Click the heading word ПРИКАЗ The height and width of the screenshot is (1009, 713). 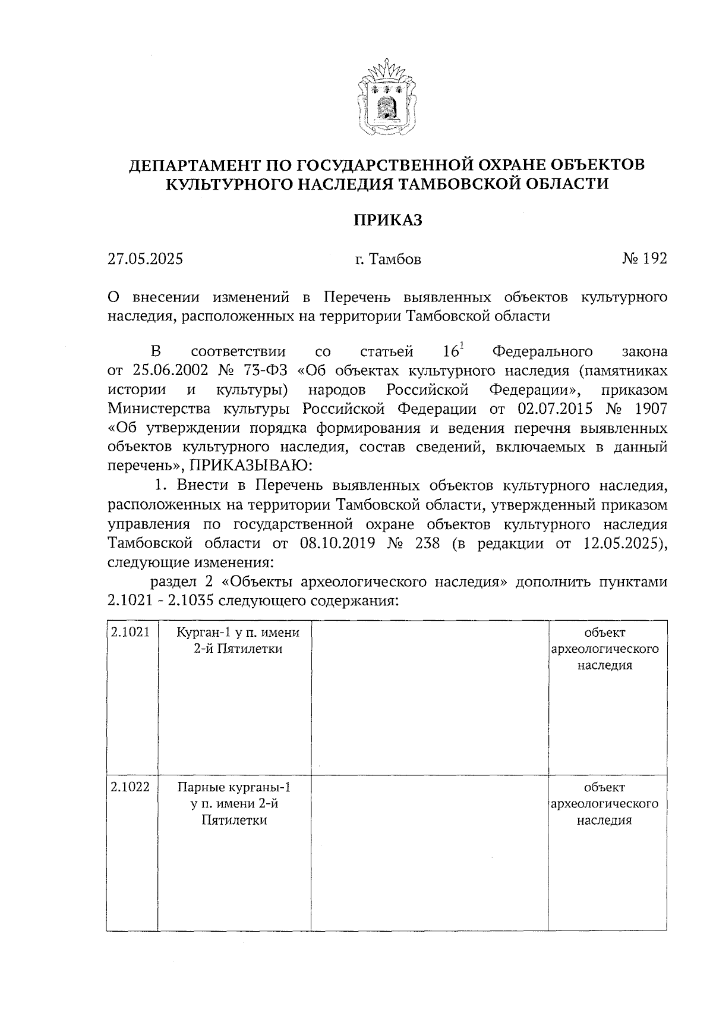388,220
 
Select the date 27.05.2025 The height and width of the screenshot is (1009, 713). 145,259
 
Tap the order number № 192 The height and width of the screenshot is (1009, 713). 645,259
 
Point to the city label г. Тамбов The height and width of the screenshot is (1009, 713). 388,259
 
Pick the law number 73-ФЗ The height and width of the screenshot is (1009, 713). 266,371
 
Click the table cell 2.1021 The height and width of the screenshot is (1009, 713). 130,632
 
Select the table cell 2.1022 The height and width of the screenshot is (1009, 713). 130,787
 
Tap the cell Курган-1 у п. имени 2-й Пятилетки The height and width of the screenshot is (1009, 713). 238,640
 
